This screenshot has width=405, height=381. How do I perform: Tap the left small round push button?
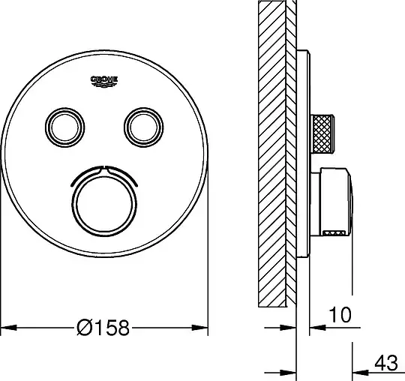click(x=65, y=127)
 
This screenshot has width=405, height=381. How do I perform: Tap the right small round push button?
click(x=143, y=127)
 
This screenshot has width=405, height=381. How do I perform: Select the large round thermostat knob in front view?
click(x=104, y=206)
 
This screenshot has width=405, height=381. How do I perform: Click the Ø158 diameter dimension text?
click(x=103, y=328)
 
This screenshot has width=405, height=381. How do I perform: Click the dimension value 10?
click(x=340, y=315)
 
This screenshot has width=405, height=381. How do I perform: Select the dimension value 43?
click(x=386, y=363)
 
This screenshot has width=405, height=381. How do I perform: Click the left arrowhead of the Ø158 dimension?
click(x=9, y=328)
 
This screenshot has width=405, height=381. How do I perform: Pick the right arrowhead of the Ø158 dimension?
click(x=200, y=328)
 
